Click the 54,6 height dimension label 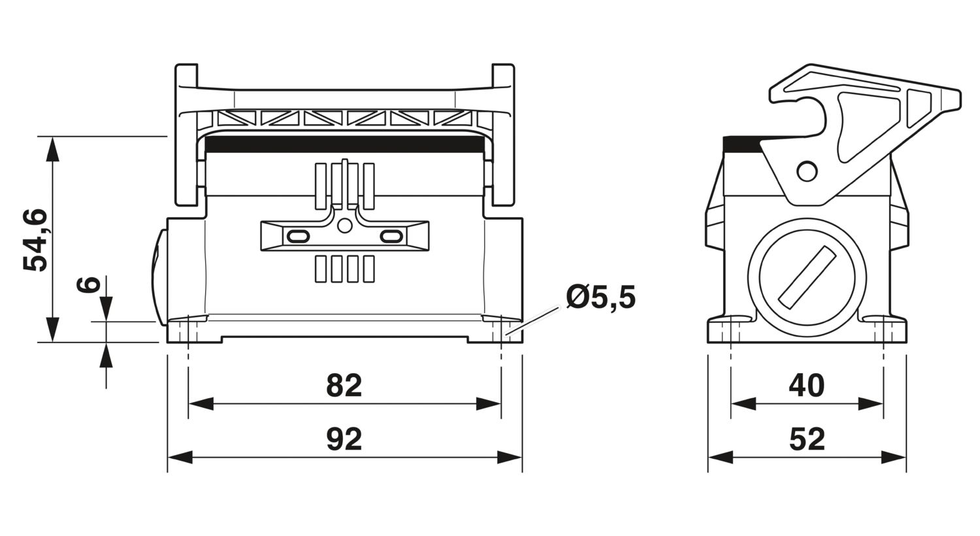coord(35,240)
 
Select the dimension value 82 coord(344,386)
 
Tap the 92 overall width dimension coord(344,439)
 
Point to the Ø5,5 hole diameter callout coord(600,297)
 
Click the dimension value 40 coord(806,386)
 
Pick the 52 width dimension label coord(807,439)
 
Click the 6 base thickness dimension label coord(88,284)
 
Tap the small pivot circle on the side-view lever coord(807,171)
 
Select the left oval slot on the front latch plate coord(298,236)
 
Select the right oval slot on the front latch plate coord(391,236)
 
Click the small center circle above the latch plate coord(345,226)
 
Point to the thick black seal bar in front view coord(345,144)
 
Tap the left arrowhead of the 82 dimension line coord(201,404)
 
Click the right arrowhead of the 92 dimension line coord(510,458)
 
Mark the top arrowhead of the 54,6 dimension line coord(52,149)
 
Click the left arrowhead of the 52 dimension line coord(721,458)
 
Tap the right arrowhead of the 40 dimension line coord(871,404)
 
